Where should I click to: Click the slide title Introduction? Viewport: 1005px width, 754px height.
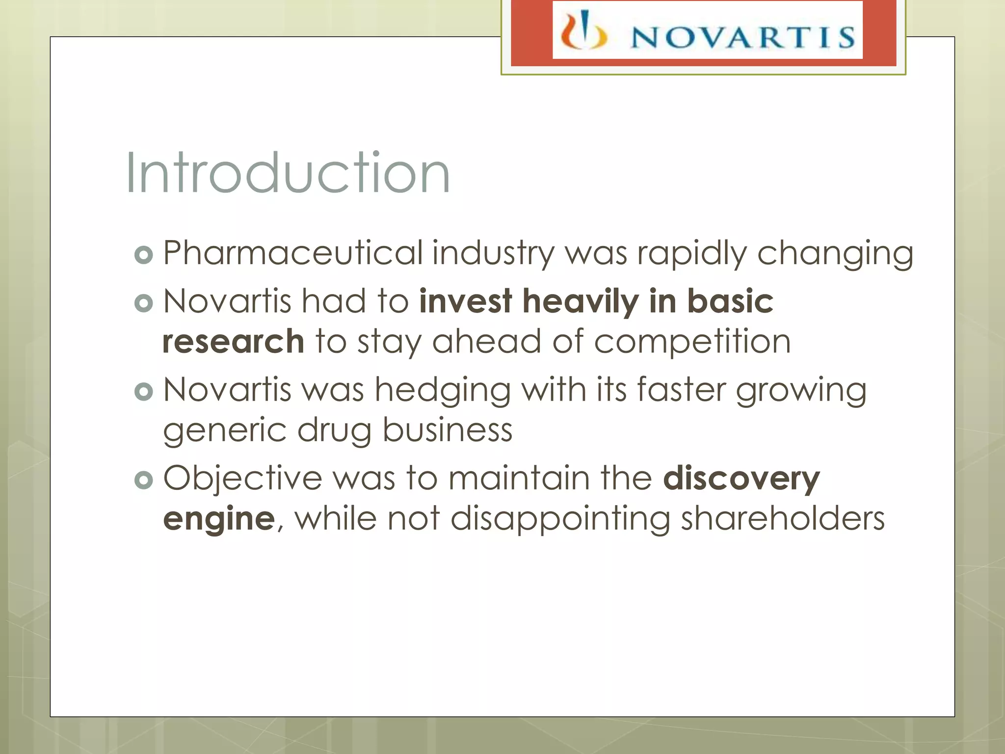pos(288,173)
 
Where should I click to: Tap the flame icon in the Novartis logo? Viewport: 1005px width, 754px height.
pos(583,32)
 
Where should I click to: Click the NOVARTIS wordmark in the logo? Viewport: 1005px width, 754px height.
pos(742,37)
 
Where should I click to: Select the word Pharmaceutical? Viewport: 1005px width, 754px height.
pos(293,253)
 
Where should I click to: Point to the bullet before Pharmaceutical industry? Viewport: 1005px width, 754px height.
pos(144,255)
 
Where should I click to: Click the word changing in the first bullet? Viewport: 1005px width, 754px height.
pos(835,254)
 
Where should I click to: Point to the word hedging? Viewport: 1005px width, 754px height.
pos(443,391)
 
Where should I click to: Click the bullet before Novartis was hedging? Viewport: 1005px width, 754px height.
pos(144,392)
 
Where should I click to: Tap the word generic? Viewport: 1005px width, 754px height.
pos(225,431)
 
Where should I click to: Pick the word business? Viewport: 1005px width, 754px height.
pos(447,430)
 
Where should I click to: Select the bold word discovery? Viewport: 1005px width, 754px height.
pos(741,479)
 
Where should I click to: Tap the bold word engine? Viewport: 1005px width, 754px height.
pos(219,519)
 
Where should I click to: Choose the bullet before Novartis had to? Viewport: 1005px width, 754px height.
pos(144,303)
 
